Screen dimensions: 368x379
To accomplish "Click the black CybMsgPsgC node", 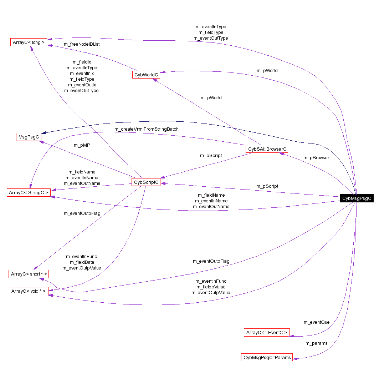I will [356, 199].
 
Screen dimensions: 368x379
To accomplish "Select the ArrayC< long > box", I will [29, 42].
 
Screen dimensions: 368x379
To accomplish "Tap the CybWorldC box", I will [146, 75].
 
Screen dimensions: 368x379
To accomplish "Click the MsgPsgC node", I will [29, 137].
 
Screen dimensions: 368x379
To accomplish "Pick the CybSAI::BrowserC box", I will [267, 149].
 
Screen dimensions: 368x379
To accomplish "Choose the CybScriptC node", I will [146, 182].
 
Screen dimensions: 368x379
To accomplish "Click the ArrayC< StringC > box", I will [29, 193].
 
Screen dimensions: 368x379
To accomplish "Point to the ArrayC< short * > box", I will [29, 274].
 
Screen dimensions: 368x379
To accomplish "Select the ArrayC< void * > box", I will [29, 291].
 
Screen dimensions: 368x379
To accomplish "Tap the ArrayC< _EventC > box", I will [267, 333].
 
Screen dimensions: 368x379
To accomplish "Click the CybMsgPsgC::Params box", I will [267, 357].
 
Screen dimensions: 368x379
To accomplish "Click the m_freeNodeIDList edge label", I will [82, 44].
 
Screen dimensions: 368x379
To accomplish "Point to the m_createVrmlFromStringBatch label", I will [146, 129].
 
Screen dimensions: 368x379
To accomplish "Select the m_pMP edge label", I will [82, 145].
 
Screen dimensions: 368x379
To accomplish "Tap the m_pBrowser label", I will [316, 157].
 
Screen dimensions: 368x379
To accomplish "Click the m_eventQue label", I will [316, 322].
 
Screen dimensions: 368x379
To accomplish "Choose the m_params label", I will [316, 343].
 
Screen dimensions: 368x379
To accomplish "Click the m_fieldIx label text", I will [82, 62].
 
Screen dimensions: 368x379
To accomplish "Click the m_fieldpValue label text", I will [211, 287].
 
